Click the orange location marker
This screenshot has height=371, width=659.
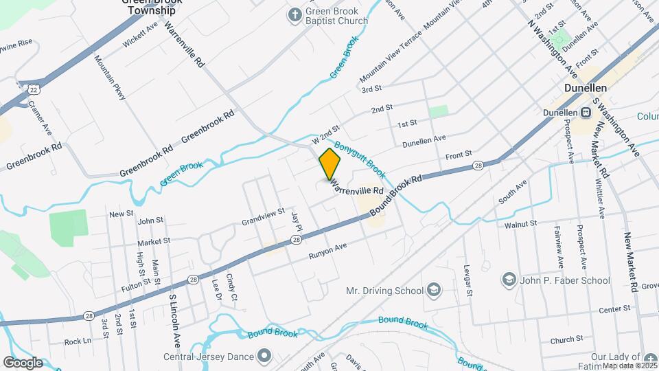329,164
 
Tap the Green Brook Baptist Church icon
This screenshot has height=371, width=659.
294,14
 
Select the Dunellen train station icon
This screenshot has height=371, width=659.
586,113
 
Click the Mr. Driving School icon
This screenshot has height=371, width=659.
433,290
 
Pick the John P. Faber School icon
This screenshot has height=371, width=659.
509,280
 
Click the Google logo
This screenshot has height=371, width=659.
22,362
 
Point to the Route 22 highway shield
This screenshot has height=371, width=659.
33,89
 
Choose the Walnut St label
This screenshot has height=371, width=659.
520,224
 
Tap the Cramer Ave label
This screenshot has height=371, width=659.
41,117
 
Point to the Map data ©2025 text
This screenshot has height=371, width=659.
627,366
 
